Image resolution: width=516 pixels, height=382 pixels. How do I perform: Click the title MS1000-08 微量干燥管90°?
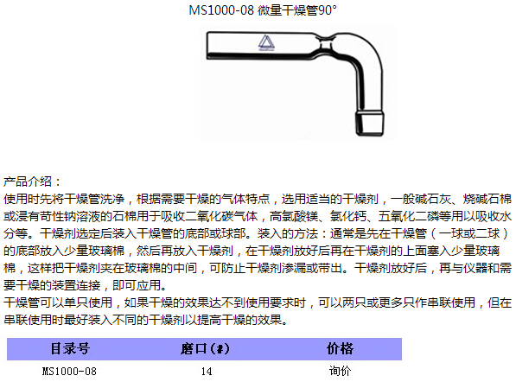point(263,10)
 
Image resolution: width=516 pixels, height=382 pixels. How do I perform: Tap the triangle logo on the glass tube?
point(266,43)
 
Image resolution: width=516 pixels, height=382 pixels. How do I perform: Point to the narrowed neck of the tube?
point(325,43)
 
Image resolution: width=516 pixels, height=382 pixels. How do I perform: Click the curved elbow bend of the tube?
point(366,56)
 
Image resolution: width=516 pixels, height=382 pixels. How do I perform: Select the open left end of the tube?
point(208,45)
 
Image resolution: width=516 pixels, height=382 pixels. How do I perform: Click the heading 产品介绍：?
point(32,181)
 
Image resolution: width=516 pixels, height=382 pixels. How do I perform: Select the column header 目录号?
point(70,348)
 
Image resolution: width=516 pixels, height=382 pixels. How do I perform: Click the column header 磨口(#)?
point(205,348)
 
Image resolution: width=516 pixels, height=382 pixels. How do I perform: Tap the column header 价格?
point(340,348)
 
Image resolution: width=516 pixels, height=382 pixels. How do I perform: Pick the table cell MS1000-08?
point(69,371)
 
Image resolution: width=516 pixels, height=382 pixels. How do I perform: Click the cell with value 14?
point(207,371)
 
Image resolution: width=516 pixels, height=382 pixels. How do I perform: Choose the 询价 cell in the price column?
point(340,371)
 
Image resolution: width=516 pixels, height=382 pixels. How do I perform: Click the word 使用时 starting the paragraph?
point(22,199)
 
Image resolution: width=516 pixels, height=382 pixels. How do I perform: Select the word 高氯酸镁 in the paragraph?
point(294,216)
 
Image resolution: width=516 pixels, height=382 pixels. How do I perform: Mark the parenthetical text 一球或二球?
point(469,233)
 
